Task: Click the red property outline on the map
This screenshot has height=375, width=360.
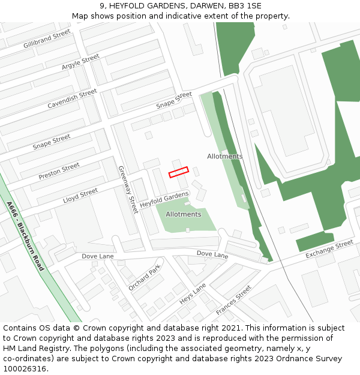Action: [178, 172]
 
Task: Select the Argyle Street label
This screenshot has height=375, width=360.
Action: [80, 62]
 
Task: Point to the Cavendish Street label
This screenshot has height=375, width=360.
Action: [72, 99]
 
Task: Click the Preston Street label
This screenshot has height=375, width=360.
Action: [59, 171]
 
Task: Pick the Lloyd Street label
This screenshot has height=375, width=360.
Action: [80, 196]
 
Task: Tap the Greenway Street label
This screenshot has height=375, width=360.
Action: [127, 190]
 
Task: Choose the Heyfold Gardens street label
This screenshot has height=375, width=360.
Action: [164, 200]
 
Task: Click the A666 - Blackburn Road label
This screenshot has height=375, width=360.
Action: [26, 236]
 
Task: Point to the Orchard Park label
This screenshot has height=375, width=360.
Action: [145, 277]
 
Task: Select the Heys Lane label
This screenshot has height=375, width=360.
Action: [193, 293]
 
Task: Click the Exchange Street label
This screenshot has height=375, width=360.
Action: [329, 249]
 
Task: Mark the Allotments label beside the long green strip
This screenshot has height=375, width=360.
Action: [225, 156]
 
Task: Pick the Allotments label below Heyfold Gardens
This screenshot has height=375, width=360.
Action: [184, 214]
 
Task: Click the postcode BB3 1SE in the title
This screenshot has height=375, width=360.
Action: [245, 5]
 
